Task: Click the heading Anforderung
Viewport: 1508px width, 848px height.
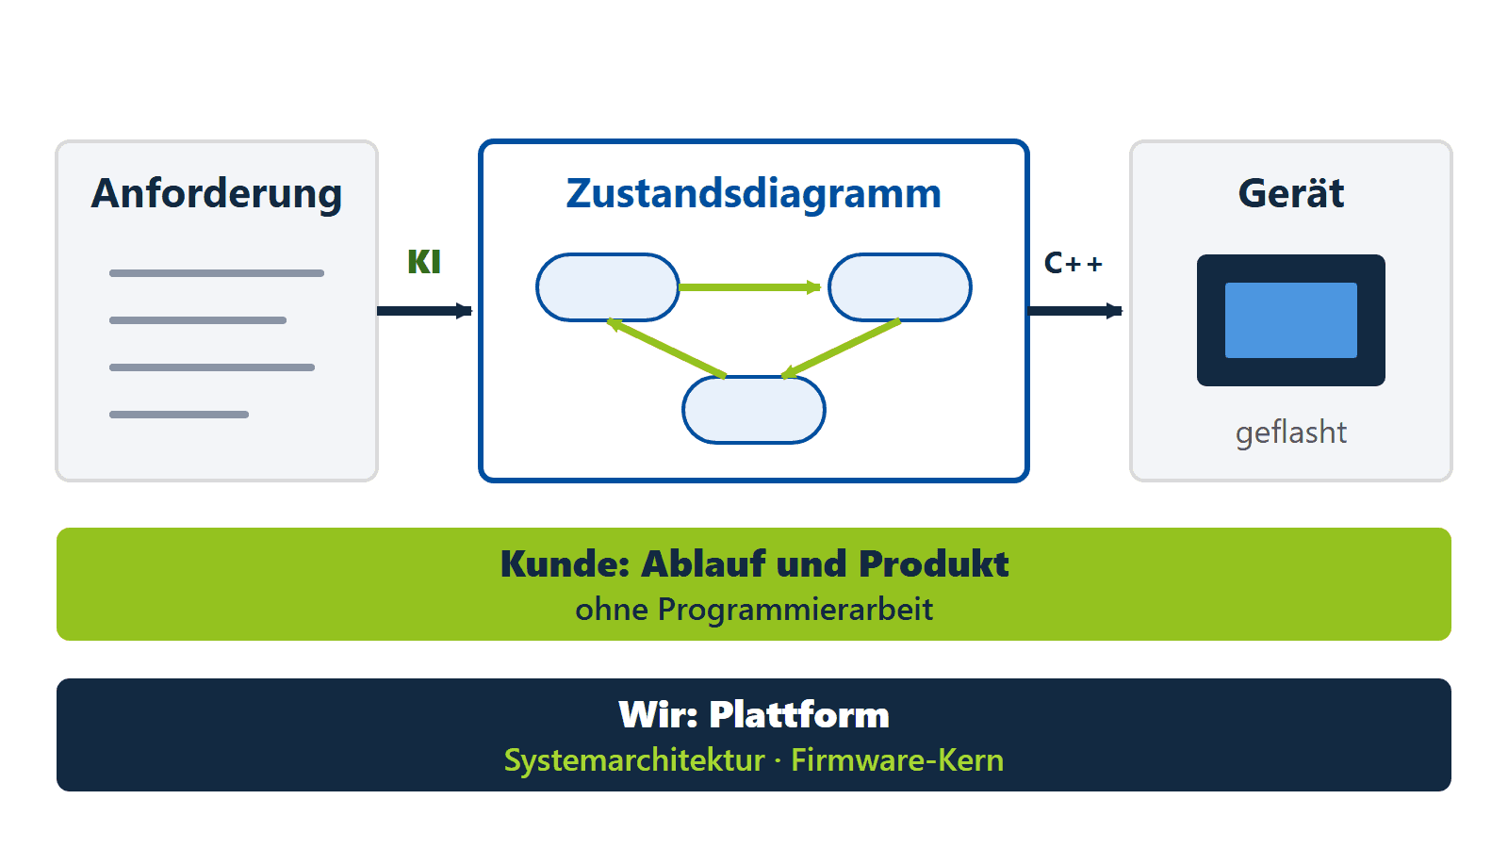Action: [217, 194]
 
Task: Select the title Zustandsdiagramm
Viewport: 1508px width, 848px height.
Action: [753, 194]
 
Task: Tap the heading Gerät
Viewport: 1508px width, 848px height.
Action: [1291, 193]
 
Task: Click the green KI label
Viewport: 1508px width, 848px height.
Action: [424, 262]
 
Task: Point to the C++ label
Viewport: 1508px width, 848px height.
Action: [1074, 263]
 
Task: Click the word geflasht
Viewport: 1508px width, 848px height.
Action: [1291, 432]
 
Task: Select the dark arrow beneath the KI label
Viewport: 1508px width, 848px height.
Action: [425, 311]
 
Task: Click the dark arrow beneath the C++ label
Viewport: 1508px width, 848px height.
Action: [1075, 311]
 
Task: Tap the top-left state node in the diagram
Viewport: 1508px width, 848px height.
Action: [607, 287]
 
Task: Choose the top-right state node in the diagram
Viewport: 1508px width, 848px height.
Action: [899, 287]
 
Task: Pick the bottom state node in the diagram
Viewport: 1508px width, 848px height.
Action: [754, 410]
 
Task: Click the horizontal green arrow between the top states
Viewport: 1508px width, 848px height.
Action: [750, 287]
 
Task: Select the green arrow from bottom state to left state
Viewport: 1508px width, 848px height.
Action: [665, 348]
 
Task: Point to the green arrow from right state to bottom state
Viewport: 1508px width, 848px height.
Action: [841, 348]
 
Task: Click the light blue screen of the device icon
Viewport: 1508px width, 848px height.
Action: [1291, 320]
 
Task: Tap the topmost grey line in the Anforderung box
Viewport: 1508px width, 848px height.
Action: [217, 273]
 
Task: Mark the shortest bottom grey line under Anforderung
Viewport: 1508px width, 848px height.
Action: [179, 415]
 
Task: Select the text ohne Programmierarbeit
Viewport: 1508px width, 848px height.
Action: [754, 610]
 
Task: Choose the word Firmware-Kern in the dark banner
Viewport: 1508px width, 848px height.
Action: [897, 760]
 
